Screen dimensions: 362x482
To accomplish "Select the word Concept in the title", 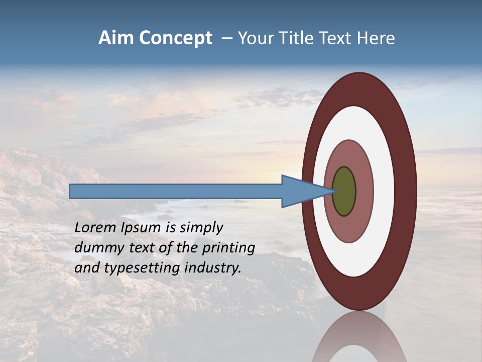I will (176, 38).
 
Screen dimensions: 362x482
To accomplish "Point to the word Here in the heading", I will (376, 38).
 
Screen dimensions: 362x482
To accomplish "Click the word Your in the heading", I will (256, 38).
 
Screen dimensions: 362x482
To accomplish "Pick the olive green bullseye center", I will (344, 191).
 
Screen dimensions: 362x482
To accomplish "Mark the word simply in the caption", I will (200, 228).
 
